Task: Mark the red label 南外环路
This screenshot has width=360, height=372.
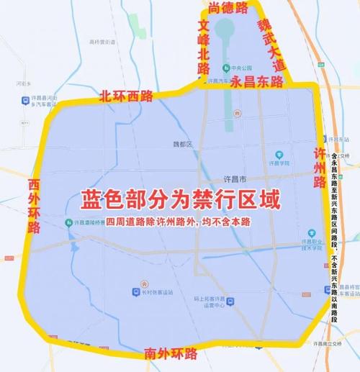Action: [170, 353]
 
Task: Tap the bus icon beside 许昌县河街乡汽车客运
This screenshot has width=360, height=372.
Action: [40, 104]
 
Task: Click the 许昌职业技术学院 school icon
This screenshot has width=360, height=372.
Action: [312, 233]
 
